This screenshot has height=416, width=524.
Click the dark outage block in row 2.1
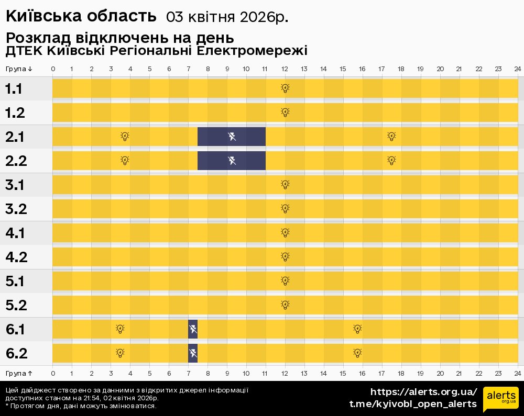232,137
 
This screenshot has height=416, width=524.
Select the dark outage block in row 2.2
232,161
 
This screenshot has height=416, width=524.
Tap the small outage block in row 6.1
193,329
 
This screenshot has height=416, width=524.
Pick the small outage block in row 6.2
193,353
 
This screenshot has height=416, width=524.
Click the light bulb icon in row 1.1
285,88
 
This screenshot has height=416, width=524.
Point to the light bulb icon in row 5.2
285,305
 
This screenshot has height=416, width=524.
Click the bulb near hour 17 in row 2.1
391,137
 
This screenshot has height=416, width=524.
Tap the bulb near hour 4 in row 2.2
125,161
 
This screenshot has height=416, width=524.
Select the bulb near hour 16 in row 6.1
357,329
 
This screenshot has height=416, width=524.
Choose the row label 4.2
16,257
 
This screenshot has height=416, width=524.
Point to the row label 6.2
16,354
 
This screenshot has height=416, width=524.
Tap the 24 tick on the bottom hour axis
517,373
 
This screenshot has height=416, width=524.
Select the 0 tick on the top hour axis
53,69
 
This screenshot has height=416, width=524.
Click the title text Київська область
81,17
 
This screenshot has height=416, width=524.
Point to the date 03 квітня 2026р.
227,17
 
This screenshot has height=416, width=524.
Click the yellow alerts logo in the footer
500,400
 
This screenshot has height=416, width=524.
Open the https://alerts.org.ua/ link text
423,392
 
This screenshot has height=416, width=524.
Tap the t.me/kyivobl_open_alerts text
413,404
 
